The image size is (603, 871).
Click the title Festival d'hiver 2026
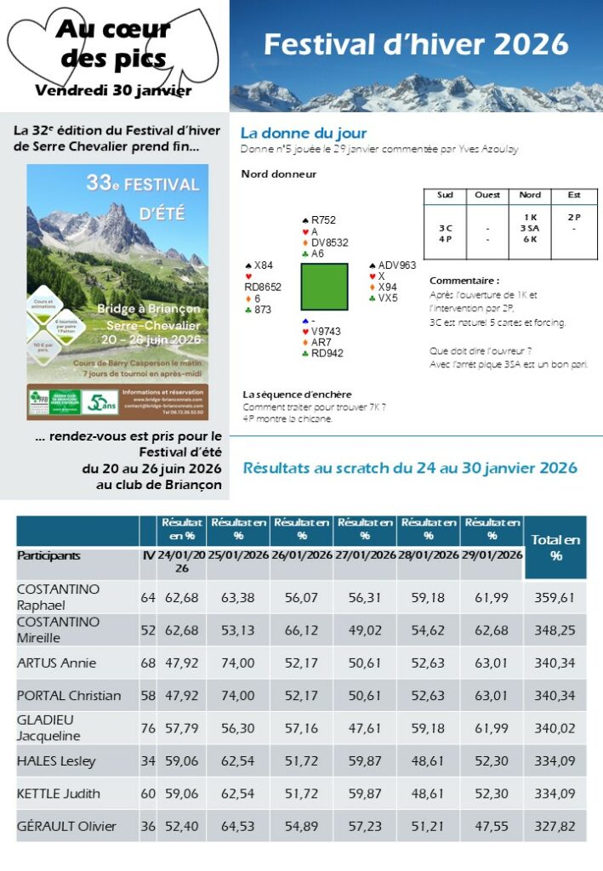[416, 44]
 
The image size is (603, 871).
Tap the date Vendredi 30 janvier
[113, 90]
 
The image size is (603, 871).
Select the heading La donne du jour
[304, 134]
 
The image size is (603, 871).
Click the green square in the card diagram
[324, 287]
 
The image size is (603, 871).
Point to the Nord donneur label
[279, 174]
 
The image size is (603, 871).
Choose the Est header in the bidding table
[573, 195]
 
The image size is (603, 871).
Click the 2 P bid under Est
[573, 217]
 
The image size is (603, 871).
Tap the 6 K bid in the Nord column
[530, 239]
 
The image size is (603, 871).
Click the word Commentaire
[464, 281]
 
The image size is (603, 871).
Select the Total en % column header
[555, 547]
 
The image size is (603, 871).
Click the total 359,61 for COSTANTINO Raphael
[555, 597]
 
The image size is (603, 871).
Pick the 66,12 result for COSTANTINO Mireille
[302, 629]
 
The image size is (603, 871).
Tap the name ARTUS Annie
[57, 663]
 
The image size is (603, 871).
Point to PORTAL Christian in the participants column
[69, 695]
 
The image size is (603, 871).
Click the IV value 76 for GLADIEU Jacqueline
[148, 728]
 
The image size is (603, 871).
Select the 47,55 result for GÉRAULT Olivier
[492, 826]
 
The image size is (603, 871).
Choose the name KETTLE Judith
[59, 794]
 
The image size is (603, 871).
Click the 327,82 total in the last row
[555, 826]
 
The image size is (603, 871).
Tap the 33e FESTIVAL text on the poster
[143, 184]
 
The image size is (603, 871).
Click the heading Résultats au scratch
[410, 468]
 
